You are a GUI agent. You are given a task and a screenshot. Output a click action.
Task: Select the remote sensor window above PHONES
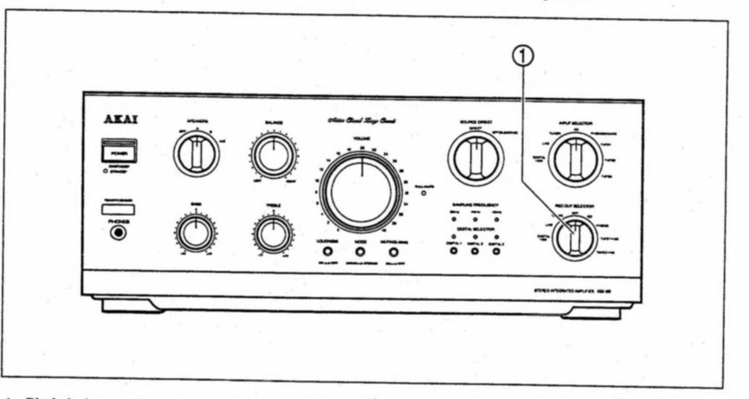[x=117, y=209]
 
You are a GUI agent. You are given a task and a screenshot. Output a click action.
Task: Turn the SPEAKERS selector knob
[x=196, y=155]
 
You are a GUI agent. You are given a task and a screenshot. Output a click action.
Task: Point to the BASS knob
[x=195, y=233]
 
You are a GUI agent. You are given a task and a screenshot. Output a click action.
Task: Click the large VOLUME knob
[x=361, y=190]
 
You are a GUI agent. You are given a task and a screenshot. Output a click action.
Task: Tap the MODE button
[x=360, y=252]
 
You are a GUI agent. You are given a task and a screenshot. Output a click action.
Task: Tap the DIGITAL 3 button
[x=496, y=251]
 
